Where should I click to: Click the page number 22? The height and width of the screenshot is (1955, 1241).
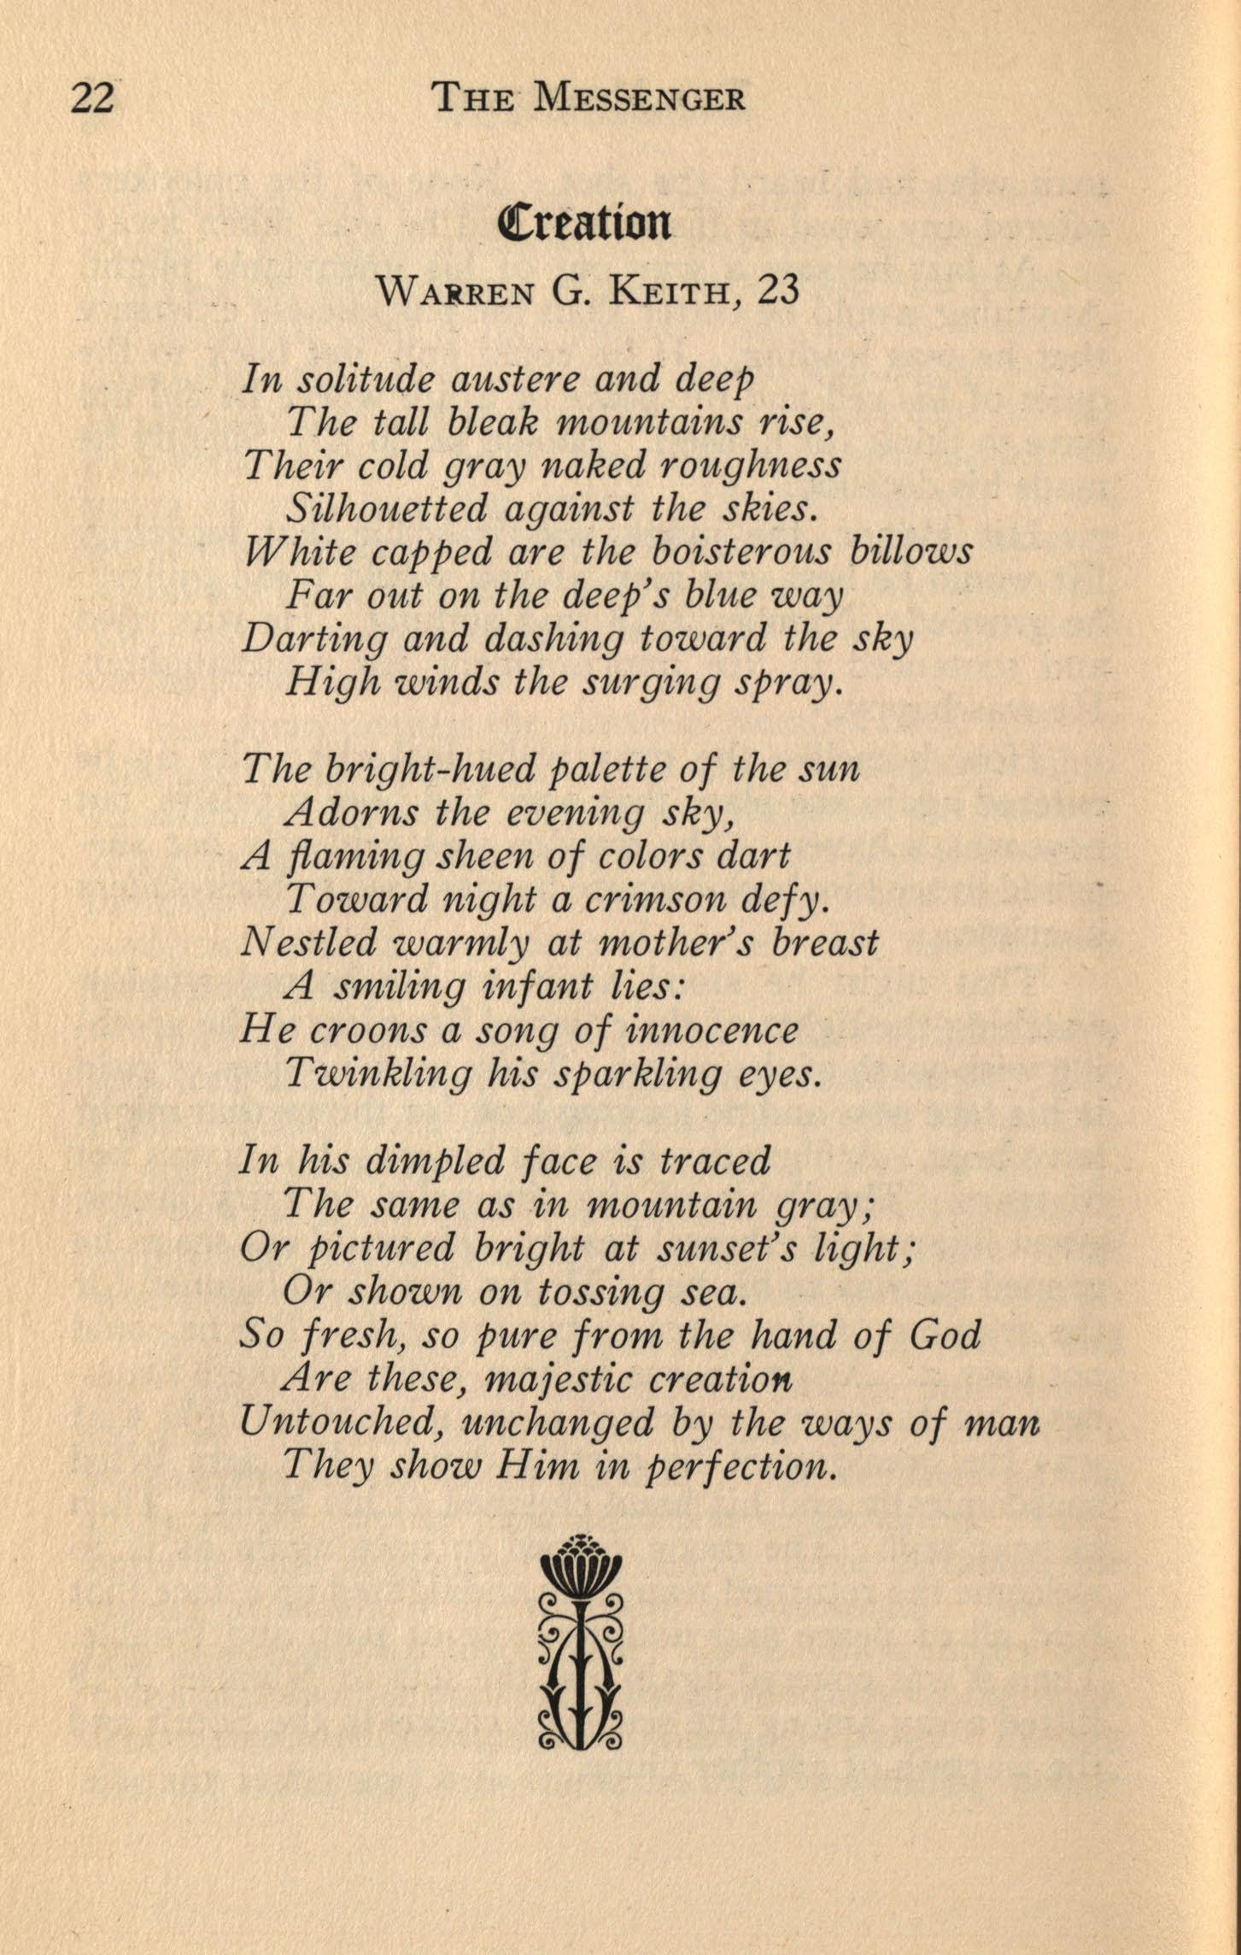tap(92, 99)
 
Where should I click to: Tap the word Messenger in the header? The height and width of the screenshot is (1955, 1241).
tap(639, 99)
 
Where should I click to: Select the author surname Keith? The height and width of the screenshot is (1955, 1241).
tap(671, 292)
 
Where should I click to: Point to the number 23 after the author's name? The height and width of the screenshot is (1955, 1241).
tap(778, 291)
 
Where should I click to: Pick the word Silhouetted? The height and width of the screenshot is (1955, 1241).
tap(387, 509)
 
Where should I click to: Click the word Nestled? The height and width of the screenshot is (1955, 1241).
tap(309, 942)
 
